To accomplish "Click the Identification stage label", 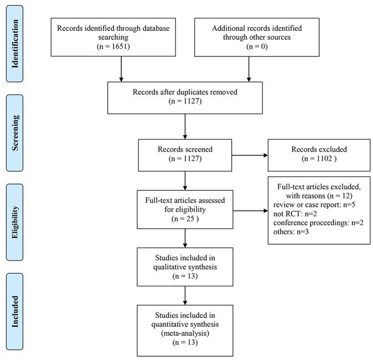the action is (15, 44).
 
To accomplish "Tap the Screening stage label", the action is (15, 133).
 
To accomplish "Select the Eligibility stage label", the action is (15, 222).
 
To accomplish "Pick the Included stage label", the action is (15, 311).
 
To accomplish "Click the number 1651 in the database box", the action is (120, 46).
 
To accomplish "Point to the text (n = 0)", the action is (257, 46).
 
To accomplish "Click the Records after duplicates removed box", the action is (185, 98).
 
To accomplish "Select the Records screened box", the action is (185, 155).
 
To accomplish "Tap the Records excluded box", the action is (319, 155).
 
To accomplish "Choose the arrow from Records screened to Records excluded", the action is (250, 155).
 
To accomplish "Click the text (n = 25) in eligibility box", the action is (185, 218).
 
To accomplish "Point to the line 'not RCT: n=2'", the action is (295, 214).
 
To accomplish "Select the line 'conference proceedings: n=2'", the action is (318, 223).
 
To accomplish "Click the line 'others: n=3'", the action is (291, 232).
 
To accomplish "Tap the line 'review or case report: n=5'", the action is (314, 205).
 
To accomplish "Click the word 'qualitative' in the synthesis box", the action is (167, 267).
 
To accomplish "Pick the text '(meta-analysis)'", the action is (185, 333).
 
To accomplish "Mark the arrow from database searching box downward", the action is (121, 69).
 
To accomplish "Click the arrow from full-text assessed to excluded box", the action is (251, 211).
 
